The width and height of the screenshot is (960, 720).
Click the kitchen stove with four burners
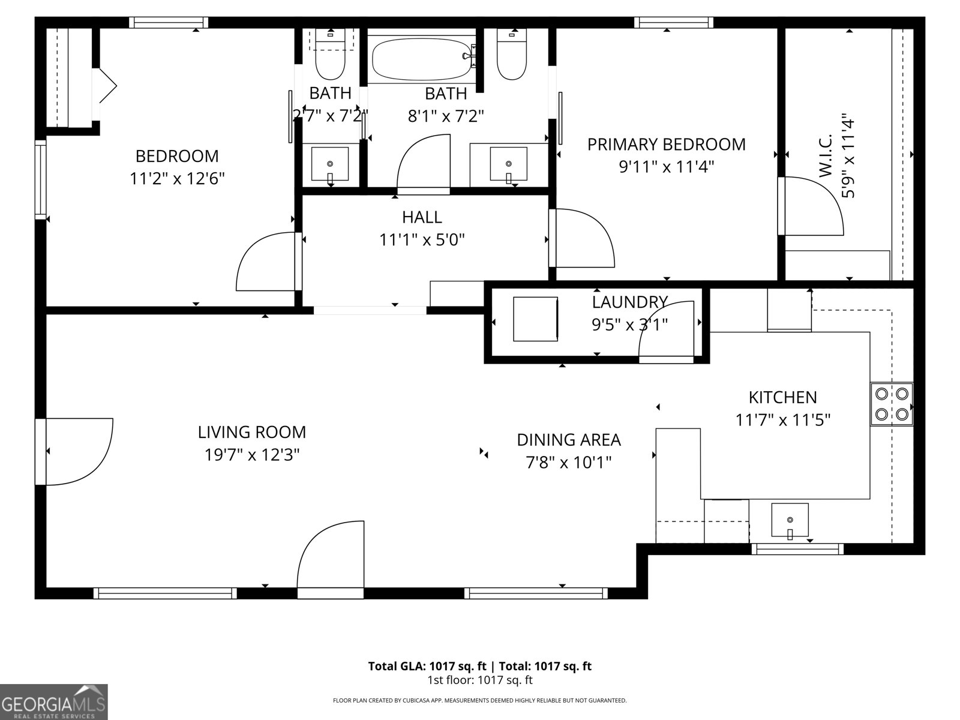(x=892, y=404)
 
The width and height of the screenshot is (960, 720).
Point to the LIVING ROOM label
(x=252, y=432)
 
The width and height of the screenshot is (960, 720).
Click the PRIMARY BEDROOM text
(x=666, y=145)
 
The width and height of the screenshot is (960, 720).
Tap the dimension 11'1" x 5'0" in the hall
(x=422, y=240)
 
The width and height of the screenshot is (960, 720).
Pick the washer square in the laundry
(x=535, y=319)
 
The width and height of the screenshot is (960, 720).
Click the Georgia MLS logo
(x=54, y=702)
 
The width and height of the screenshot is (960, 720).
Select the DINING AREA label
(x=568, y=440)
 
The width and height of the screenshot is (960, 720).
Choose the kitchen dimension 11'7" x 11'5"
(x=782, y=420)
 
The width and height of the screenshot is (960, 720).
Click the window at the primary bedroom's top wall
(x=674, y=23)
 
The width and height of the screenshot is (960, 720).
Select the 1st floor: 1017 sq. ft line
(x=479, y=680)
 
